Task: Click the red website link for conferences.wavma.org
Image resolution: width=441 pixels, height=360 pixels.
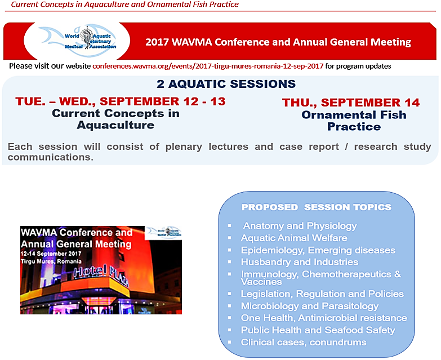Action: pyautogui.click(x=208, y=66)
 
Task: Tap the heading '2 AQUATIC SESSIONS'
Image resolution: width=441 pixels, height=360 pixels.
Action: pyautogui.click(x=226, y=84)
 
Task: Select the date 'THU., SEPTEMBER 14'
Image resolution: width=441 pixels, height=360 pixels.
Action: pyautogui.click(x=351, y=103)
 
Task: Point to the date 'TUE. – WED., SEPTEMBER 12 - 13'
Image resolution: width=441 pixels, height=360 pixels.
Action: pyautogui.click(x=121, y=101)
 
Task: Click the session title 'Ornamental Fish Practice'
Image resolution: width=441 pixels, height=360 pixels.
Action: pyautogui.click(x=354, y=121)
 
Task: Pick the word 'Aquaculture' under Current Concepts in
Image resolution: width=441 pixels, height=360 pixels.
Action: pyautogui.click(x=115, y=125)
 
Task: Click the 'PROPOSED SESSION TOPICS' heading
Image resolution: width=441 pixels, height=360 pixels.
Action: pyautogui.click(x=317, y=207)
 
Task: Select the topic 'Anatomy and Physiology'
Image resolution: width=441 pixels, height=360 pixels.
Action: pyautogui.click(x=300, y=226)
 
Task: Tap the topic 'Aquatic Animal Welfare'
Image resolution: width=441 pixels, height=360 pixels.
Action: pyautogui.click(x=294, y=238)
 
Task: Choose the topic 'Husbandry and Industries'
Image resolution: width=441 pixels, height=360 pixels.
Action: pyautogui.click(x=300, y=262)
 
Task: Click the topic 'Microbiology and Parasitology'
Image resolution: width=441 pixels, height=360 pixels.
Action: pyautogui.click(x=310, y=306)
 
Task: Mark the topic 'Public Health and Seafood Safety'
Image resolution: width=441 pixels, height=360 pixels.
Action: pyautogui.click(x=318, y=330)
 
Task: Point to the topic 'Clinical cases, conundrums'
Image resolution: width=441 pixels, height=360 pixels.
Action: pyautogui.click(x=304, y=343)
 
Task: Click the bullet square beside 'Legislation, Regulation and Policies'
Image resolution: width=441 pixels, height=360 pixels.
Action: pyautogui.click(x=229, y=294)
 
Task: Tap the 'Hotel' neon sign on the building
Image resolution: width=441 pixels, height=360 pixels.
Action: pyautogui.click(x=90, y=272)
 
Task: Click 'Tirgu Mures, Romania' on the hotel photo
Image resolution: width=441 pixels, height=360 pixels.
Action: pyautogui.click(x=51, y=261)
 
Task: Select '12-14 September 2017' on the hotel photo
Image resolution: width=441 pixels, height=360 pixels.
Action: pyautogui.click(x=51, y=254)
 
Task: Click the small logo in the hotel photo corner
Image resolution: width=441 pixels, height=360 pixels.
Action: pyautogui.click(x=163, y=232)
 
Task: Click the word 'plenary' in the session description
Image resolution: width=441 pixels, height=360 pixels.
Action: pyautogui.click(x=184, y=147)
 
